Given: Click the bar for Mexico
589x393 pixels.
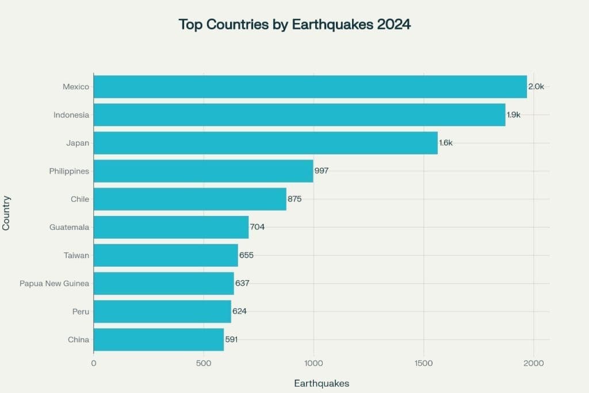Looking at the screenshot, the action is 310,86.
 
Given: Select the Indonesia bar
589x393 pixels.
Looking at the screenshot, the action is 299,115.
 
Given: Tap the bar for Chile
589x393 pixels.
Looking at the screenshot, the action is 190,199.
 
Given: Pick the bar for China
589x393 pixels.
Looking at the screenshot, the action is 159,339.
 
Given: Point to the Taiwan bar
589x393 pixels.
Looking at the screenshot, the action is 166,255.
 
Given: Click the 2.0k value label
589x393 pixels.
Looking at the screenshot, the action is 536,86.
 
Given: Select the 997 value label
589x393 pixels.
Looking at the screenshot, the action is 322,171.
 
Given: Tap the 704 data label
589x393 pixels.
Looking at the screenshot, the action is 257,227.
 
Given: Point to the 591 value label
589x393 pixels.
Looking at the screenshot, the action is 231,339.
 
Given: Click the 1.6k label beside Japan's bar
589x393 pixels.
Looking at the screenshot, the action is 446,143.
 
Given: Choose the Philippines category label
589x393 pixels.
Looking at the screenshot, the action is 69,171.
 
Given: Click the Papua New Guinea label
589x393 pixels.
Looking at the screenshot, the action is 55,284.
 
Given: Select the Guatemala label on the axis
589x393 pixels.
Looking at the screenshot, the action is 70,228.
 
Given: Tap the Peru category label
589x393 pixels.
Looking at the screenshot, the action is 81,312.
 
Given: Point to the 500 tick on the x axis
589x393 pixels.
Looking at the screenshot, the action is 204,363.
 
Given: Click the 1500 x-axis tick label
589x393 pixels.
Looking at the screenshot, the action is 424,363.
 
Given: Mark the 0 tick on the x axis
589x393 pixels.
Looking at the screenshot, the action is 94,363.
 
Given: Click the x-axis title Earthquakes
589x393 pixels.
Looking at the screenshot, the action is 322,384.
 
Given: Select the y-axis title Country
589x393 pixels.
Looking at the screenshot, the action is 6,213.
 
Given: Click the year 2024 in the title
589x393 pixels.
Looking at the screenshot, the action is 394,24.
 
